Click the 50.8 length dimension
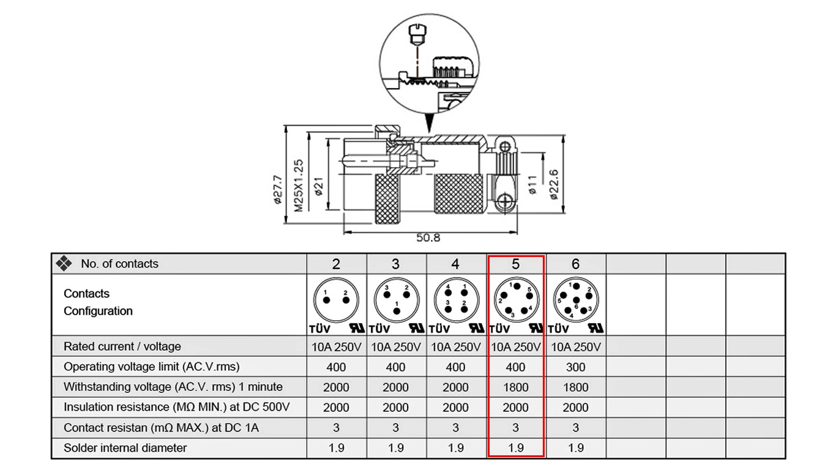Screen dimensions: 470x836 [428, 238]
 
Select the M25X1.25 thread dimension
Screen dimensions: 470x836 [299, 185]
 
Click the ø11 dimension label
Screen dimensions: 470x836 [532, 184]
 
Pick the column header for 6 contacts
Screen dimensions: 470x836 [575, 264]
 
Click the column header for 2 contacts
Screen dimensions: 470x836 [336, 264]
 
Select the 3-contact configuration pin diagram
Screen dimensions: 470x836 [396, 299]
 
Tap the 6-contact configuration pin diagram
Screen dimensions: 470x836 [575, 299]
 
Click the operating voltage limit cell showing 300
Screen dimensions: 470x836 [575, 367]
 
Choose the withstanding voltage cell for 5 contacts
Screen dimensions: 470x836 [515, 387]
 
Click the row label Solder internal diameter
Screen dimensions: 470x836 [125, 448]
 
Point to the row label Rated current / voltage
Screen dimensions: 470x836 [122, 346]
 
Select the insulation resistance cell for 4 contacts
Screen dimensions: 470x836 [455, 408]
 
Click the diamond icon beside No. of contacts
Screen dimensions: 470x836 [64, 264]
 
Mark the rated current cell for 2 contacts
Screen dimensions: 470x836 [336, 347]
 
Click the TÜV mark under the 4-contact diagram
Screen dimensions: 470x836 [441, 329]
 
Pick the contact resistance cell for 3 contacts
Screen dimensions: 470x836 [396, 428]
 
